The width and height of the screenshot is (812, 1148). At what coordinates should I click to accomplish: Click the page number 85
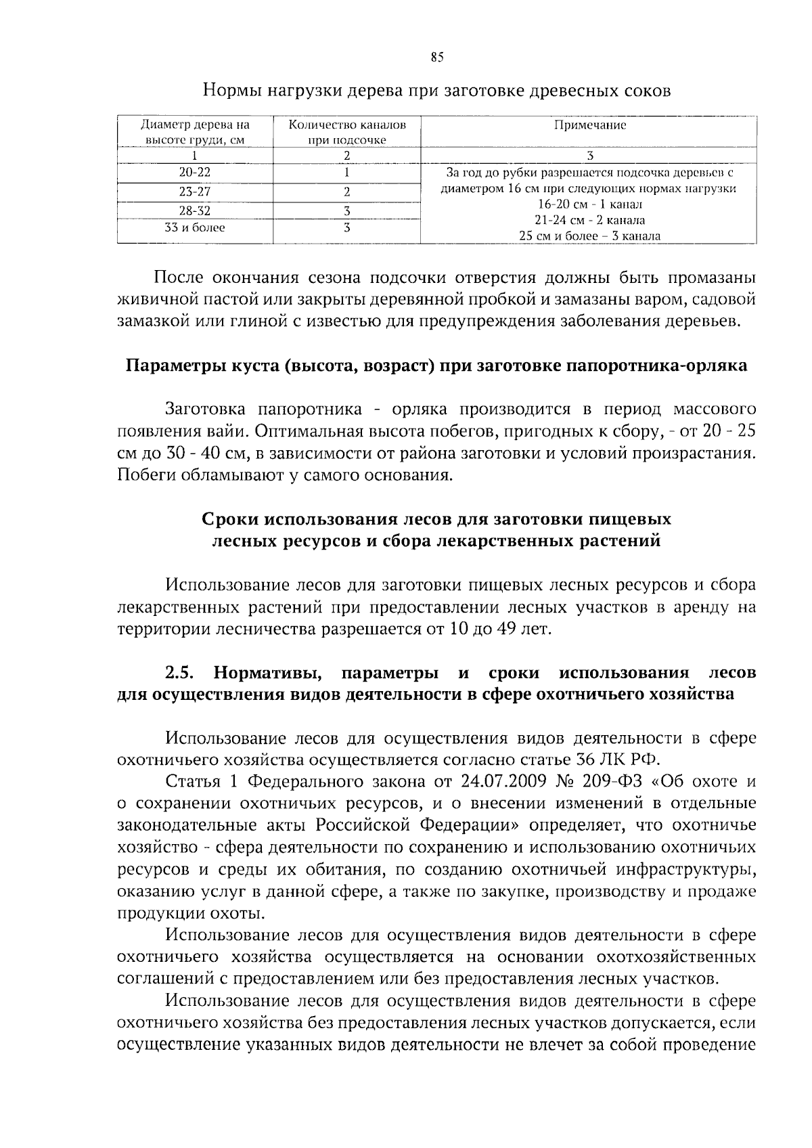(436, 58)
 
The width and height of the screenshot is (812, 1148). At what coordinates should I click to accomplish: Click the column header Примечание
(589, 125)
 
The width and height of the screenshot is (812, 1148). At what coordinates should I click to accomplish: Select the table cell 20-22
(195, 173)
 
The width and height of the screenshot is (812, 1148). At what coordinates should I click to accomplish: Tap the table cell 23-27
(195, 192)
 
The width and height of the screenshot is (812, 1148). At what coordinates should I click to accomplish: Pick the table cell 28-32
(195, 211)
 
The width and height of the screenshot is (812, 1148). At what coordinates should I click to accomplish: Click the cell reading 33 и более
(195, 228)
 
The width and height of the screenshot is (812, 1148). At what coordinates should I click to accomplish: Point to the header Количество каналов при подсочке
(347, 133)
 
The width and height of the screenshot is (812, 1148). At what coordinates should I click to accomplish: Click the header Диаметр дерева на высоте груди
(195, 133)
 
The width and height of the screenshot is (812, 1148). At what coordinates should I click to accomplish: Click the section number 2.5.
(180, 673)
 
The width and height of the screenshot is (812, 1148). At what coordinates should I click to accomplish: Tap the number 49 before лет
(505, 630)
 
